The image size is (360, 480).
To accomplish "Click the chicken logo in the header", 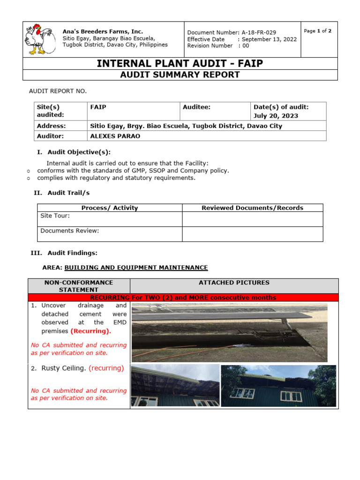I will (39, 39).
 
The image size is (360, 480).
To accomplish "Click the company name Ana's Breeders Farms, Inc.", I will (103, 31).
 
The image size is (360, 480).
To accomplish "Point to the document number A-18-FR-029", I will (259, 32).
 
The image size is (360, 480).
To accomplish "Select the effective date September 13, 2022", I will (270, 39).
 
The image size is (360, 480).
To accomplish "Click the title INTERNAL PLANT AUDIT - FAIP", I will (180, 64).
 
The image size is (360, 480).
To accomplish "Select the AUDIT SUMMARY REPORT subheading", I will (180, 75).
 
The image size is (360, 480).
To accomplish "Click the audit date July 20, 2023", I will (276, 115).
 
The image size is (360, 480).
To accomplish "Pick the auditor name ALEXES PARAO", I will (115, 136).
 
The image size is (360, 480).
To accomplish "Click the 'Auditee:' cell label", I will (197, 107).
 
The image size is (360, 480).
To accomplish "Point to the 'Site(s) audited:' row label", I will (51, 111).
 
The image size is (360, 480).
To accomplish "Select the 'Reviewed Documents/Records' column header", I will (252, 208).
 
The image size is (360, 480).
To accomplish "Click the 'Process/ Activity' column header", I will (110, 208).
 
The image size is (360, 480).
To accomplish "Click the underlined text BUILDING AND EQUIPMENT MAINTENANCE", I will (136, 267).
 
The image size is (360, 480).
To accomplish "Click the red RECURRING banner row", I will (183, 297).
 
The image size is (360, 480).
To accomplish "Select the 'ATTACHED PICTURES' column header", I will (234, 282).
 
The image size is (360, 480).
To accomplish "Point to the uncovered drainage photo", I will (230, 332).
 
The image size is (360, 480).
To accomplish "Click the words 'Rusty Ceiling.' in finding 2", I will (63, 368).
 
